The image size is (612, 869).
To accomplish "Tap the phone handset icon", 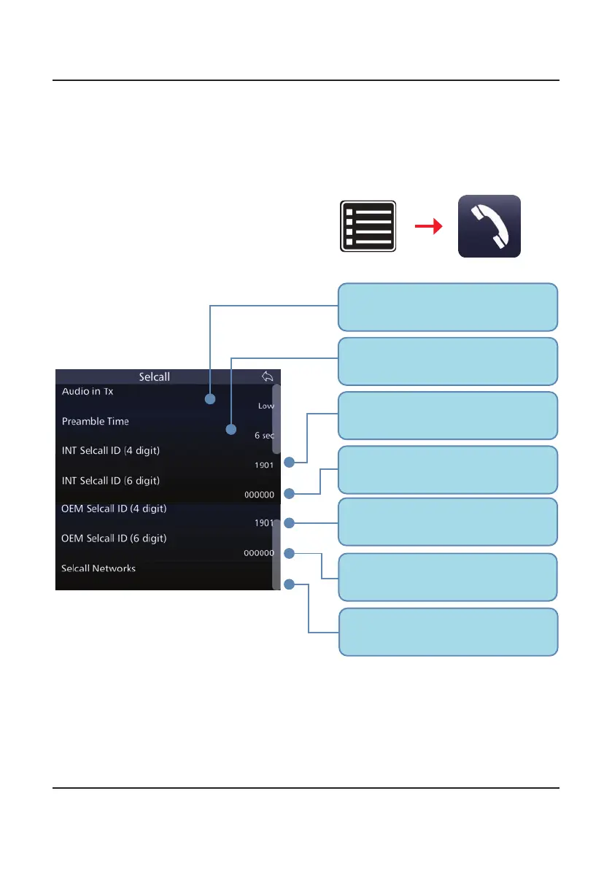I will (489, 226).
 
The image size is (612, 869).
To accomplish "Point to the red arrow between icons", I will (428, 227).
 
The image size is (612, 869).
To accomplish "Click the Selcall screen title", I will (155, 377).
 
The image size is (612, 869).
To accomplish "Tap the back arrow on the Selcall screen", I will (267, 376).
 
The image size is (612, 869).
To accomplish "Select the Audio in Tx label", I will (93, 392).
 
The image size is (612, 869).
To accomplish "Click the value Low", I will (266, 405).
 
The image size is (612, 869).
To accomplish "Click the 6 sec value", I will (263, 435).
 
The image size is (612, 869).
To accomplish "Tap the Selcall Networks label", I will (98, 568).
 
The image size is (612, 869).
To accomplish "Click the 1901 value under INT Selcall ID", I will (263, 464).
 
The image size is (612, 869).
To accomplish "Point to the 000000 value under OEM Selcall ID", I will (258, 553).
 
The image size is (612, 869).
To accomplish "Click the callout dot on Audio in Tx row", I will (211, 400).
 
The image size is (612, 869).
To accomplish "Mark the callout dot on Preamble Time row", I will (231, 430).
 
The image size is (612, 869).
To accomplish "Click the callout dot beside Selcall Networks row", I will (290, 584).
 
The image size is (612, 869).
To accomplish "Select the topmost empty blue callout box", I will (448, 307).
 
